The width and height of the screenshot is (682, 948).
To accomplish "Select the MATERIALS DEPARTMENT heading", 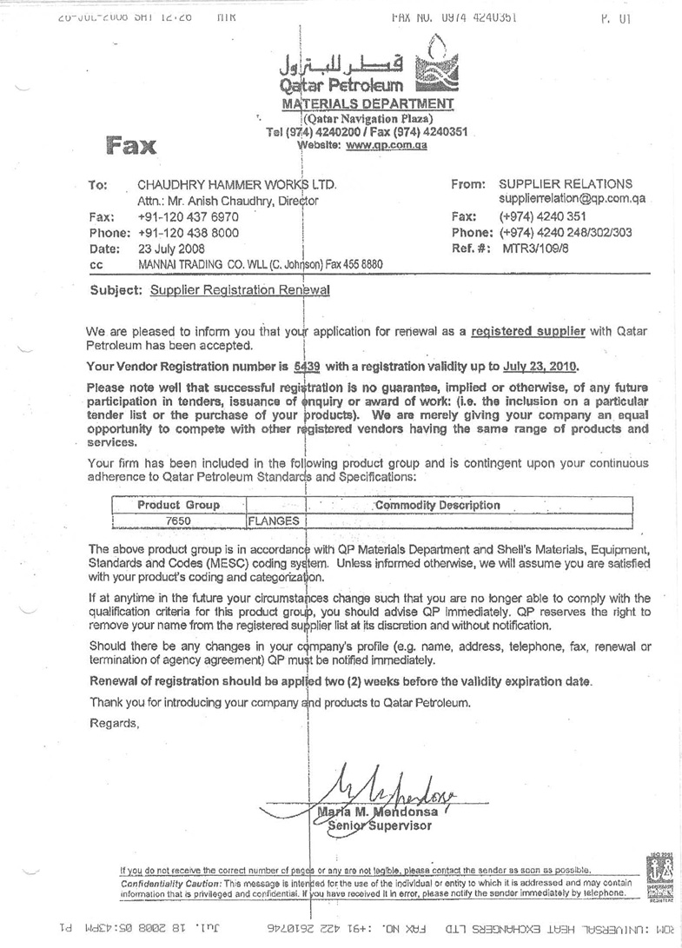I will (x=368, y=104).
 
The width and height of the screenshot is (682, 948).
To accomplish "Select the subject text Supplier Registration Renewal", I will (x=240, y=291).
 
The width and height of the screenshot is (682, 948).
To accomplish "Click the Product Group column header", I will (x=178, y=505).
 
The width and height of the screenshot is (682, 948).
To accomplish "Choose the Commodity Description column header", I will (x=437, y=505).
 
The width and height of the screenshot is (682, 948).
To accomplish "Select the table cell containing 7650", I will (x=178, y=520).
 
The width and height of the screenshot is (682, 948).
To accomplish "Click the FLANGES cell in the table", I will (x=274, y=520).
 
